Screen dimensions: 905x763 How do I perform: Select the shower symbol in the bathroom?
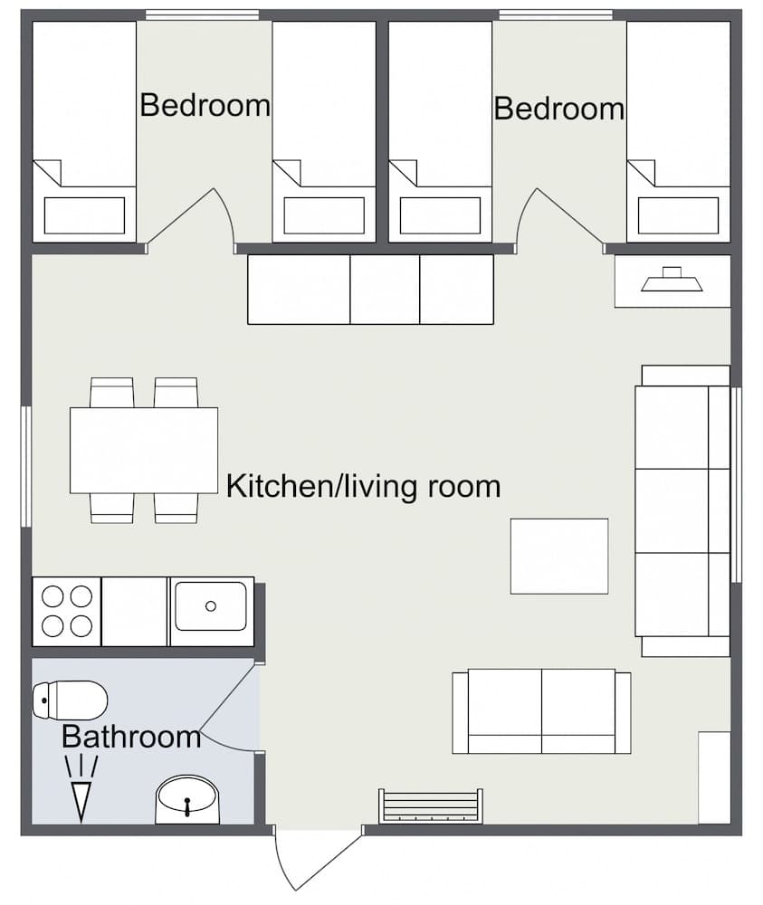pyautogui.click(x=81, y=788)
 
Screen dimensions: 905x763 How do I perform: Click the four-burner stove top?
pyautogui.click(x=67, y=611)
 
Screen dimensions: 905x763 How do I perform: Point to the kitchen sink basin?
pyautogui.click(x=211, y=606)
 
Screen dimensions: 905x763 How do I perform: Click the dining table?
pyautogui.click(x=144, y=450)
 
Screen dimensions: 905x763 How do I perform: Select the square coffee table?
pyautogui.click(x=558, y=556)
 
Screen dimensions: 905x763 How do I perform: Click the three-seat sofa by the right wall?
pyautogui.click(x=682, y=510)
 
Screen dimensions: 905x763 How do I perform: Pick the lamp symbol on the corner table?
pyautogui.click(x=672, y=281)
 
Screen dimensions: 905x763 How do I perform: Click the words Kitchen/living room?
pyautogui.click(x=363, y=486)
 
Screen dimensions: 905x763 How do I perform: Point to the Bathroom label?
pyautogui.click(x=131, y=737)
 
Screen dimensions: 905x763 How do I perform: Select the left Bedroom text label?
pyautogui.click(x=205, y=105)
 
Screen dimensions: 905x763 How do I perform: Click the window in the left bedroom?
pyautogui.click(x=202, y=14)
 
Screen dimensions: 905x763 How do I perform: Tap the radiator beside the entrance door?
pyautogui.click(x=430, y=806)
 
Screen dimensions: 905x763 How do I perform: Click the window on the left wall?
pyautogui.click(x=26, y=466)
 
